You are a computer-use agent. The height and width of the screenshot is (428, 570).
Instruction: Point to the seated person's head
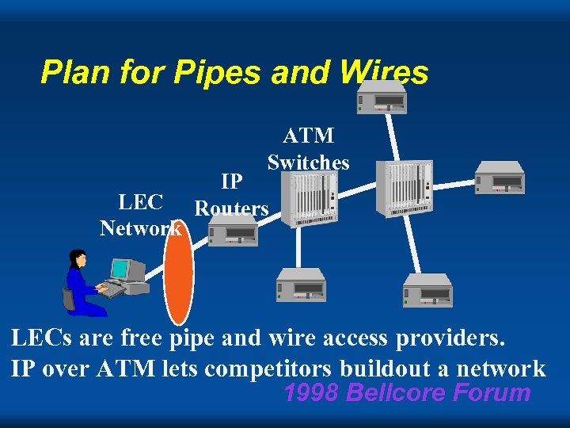click(78, 258)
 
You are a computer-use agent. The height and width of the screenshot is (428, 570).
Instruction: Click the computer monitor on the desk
click(127, 270)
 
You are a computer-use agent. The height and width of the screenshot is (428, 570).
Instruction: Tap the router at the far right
click(499, 178)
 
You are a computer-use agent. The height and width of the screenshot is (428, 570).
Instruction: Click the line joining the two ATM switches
click(358, 193)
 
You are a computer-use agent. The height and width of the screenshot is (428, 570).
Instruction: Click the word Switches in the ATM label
click(308, 162)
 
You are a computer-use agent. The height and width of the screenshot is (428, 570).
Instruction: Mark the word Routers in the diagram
click(232, 209)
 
